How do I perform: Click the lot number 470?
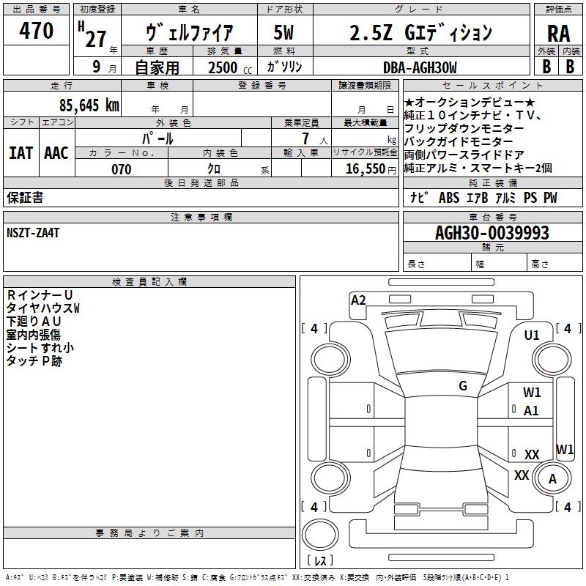37,31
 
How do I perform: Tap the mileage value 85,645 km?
89,105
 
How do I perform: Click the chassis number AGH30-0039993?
492,233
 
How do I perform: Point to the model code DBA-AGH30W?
419,67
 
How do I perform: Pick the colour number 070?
121,169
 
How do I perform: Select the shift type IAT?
21,153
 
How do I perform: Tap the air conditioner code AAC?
56,153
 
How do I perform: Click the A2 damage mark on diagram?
358,300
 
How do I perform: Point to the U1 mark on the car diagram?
532,335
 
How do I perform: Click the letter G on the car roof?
463,386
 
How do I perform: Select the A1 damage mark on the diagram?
532,411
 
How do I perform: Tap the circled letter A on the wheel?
553,479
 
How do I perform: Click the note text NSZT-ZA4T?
33,233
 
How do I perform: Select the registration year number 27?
95,38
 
